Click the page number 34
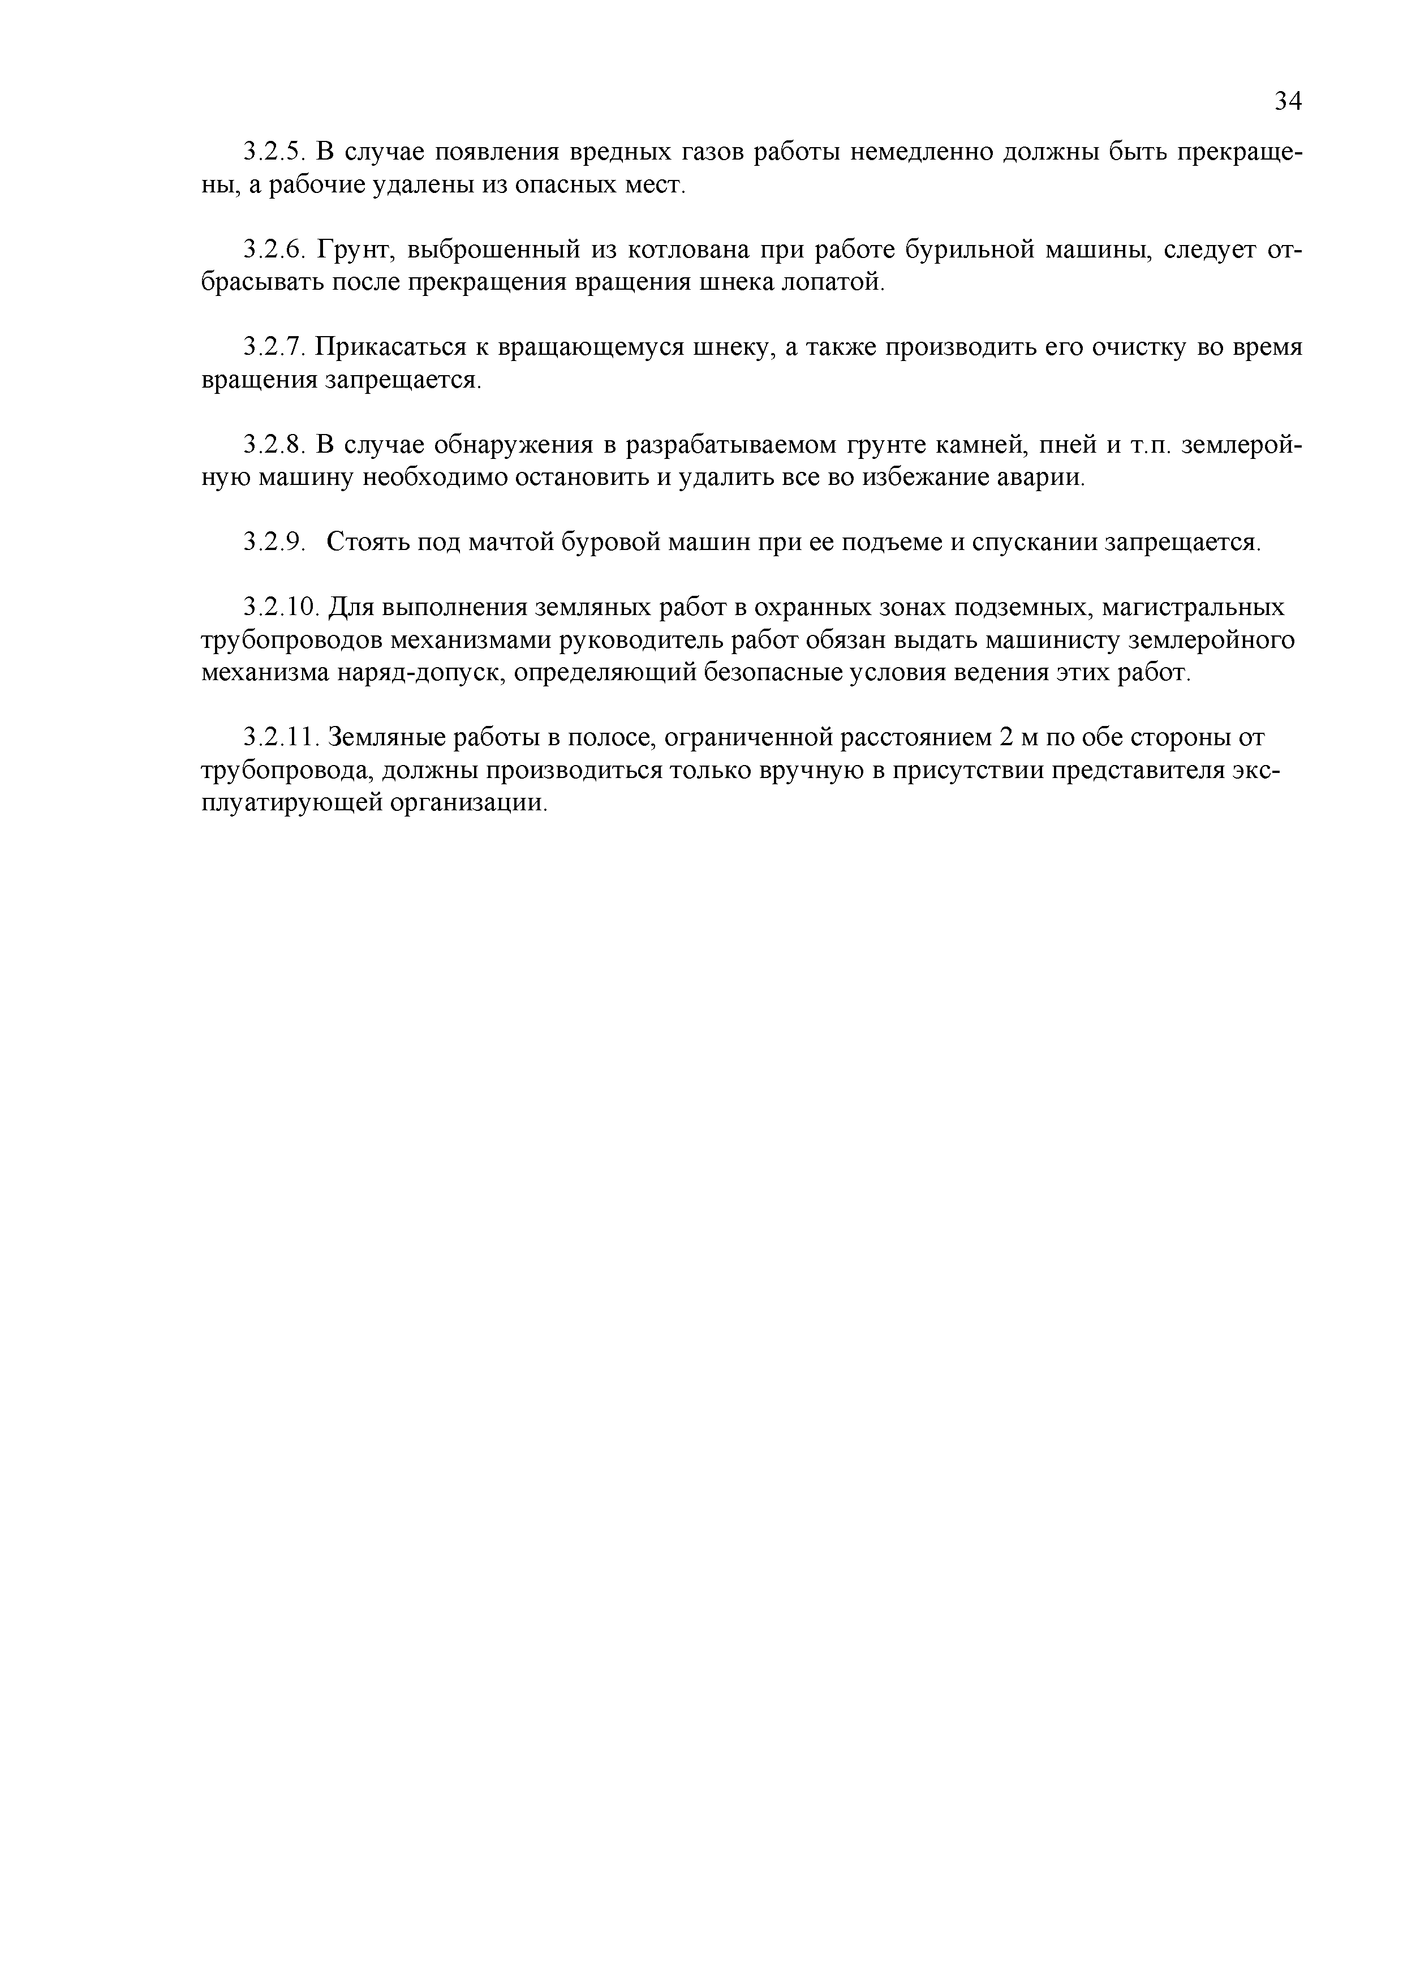[x=1287, y=102]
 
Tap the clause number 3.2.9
[x=274, y=542]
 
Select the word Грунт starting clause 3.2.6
[x=356, y=250]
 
